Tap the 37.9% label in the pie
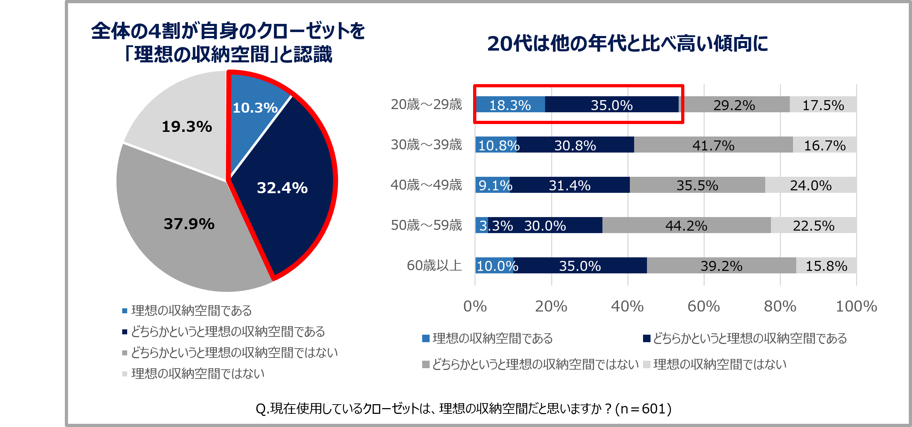(189, 224)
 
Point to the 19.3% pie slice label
(187, 127)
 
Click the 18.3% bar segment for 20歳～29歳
(510, 105)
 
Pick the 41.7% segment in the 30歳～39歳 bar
(713, 145)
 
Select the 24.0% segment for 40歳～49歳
(810, 185)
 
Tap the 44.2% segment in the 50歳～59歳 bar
(686, 226)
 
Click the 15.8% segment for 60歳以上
(826, 266)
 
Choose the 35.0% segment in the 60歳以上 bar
(580, 266)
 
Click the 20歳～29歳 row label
(426, 104)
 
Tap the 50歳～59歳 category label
(426, 225)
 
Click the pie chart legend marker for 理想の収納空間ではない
(124, 374)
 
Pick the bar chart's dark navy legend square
(647, 338)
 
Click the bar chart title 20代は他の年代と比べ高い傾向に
(627, 44)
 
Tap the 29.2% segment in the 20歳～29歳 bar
(734, 105)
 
